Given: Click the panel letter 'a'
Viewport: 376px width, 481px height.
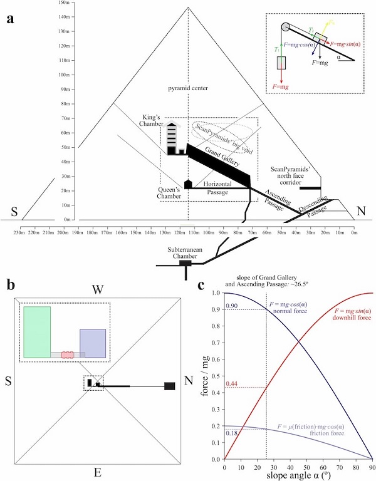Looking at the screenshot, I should click(10, 18).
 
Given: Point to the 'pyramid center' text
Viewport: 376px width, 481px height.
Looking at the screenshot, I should click(189, 88).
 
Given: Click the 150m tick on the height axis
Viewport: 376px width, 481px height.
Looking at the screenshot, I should click(63, 3).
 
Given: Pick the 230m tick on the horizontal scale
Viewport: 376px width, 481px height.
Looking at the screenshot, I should click(22, 233).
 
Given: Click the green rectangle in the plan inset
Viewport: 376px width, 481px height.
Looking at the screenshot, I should click(37, 332).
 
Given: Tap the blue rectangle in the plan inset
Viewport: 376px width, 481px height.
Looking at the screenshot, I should click(91, 343).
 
